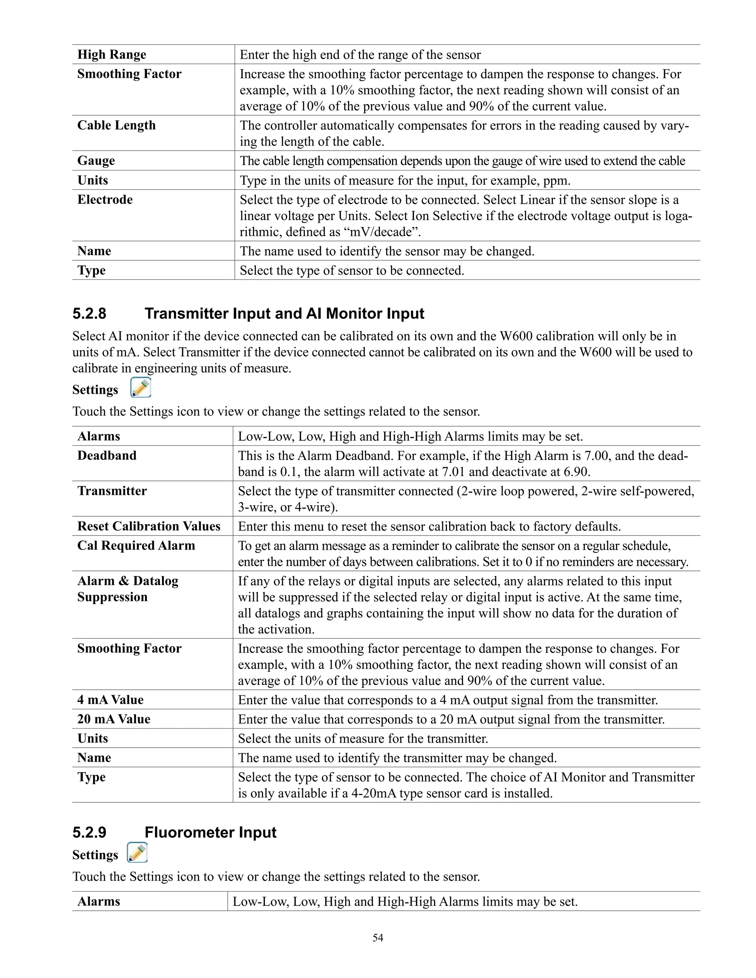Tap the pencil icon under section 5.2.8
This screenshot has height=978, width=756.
click(x=141, y=388)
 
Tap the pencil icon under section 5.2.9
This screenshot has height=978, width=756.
click(x=137, y=853)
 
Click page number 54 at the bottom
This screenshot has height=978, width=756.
click(x=378, y=938)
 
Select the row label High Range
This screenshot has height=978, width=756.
click(x=111, y=55)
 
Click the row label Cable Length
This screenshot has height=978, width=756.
click(x=116, y=125)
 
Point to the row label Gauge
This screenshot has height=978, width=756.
click(x=96, y=161)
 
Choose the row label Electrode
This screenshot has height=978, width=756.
click(x=105, y=200)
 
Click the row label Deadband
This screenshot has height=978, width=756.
click(x=107, y=456)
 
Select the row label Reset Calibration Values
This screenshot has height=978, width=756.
click(x=149, y=526)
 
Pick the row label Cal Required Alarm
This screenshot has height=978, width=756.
click(x=136, y=546)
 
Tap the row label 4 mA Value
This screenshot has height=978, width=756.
click(x=110, y=700)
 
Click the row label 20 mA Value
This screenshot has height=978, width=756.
click(x=114, y=719)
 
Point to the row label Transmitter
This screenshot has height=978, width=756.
click(x=112, y=491)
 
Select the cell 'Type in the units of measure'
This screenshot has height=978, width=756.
click(x=405, y=180)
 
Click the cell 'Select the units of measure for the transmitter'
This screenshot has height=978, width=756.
click(x=363, y=738)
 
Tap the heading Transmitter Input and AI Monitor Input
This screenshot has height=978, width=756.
click(x=284, y=313)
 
